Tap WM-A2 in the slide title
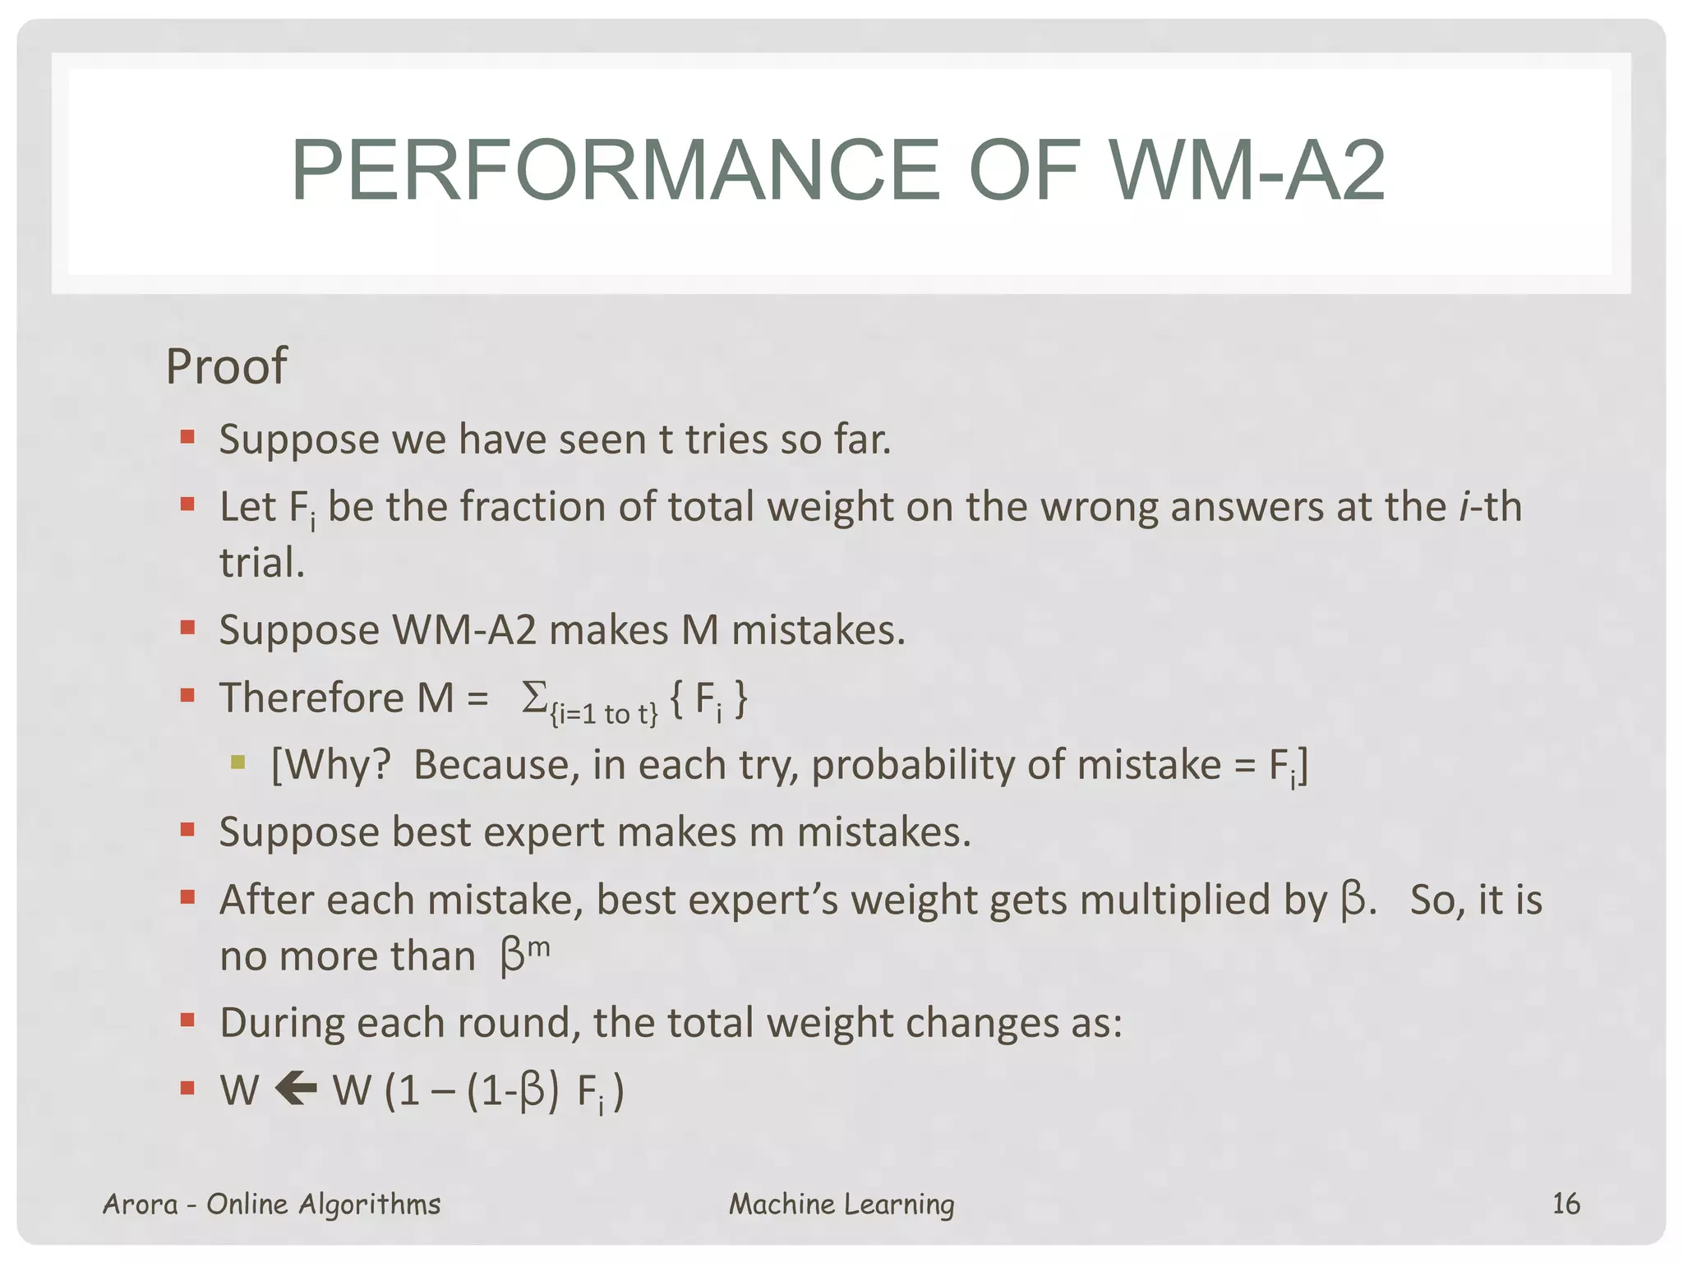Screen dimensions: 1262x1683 coord(1247,170)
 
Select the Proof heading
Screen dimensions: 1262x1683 coord(226,366)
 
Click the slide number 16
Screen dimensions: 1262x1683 coord(1565,1204)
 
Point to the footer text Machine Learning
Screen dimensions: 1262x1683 coord(841,1204)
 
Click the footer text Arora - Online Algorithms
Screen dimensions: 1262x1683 coord(271,1204)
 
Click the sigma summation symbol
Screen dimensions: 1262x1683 coord(534,698)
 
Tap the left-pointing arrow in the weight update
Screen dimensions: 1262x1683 coord(296,1090)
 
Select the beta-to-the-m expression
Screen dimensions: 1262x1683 coord(524,955)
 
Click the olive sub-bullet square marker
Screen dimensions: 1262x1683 coord(238,762)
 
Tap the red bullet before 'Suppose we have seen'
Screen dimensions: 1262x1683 coord(187,436)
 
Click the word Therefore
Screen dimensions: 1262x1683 coord(312,698)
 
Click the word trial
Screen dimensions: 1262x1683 coord(261,564)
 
